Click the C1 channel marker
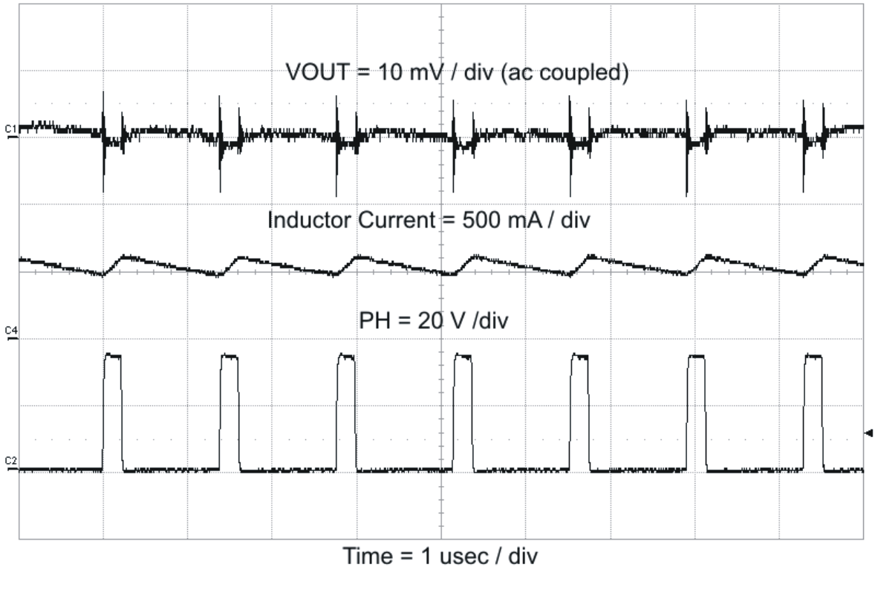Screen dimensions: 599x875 (10, 131)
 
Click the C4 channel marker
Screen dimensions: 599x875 (10, 331)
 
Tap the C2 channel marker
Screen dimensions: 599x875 (10, 463)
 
